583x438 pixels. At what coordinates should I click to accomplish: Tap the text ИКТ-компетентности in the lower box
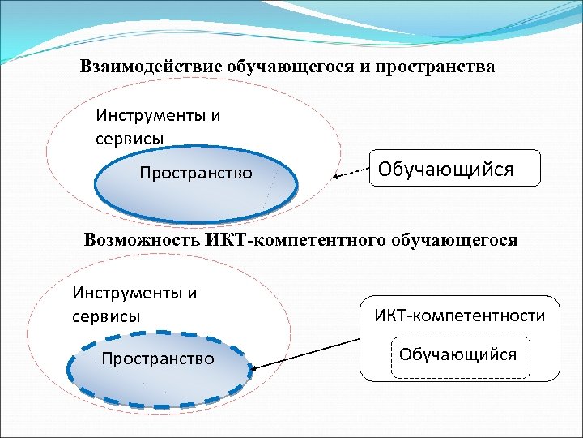coord(459,316)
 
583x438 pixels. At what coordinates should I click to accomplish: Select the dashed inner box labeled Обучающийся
coord(458,355)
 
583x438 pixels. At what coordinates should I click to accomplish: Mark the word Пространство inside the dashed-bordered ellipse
coord(158,359)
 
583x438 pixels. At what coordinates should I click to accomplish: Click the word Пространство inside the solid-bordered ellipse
coord(196,173)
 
